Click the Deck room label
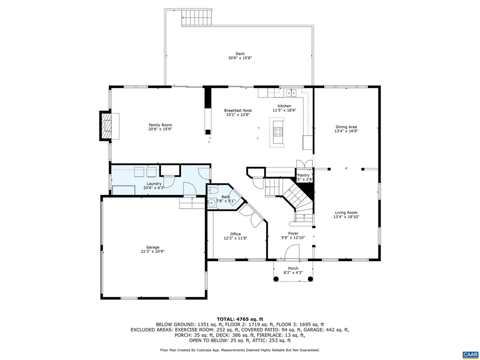point(240,53)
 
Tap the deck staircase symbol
point(197,18)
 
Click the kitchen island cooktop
point(278,131)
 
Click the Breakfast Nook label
point(238,110)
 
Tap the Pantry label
point(304,175)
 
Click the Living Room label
point(346,212)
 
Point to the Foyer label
point(293,233)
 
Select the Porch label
point(293,269)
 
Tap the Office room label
point(235,234)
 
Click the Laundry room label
point(154,183)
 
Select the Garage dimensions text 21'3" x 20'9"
point(152,251)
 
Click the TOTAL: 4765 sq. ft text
point(240,319)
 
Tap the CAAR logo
point(469,353)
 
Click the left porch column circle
point(276,279)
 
